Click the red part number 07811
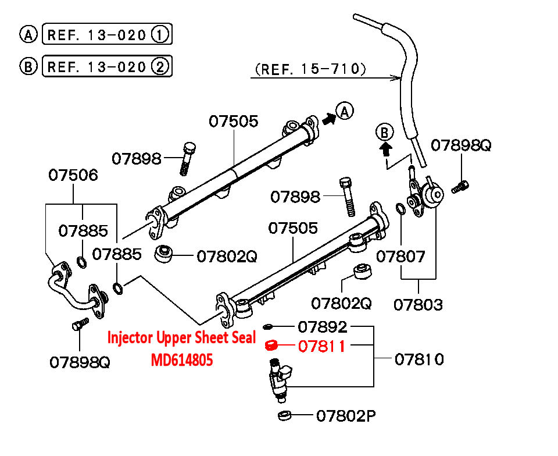(321, 347)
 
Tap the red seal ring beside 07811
(270, 346)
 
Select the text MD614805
(182, 361)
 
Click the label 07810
(419, 359)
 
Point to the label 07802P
(346, 416)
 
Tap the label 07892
(323, 327)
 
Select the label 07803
(418, 304)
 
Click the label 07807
(401, 256)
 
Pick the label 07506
(73, 174)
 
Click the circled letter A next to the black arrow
(345, 111)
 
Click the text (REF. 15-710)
(310, 70)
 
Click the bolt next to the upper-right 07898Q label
(460, 186)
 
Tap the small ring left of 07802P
(285, 415)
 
